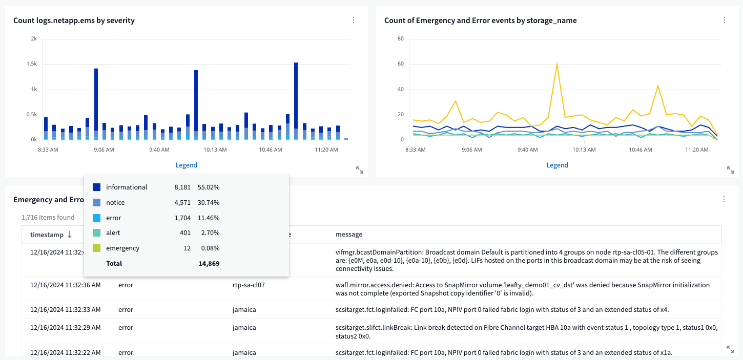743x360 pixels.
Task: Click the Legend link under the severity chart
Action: tap(186, 165)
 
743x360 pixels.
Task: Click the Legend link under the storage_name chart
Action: tap(557, 165)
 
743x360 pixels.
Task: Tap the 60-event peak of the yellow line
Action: tap(556, 65)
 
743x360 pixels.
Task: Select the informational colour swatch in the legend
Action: tap(96, 187)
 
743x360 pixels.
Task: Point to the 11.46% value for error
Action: tap(210, 218)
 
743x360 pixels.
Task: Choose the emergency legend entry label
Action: tap(122, 248)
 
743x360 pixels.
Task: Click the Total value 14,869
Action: tap(209, 264)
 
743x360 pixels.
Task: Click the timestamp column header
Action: tap(47, 235)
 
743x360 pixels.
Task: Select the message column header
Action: tap(348, 235)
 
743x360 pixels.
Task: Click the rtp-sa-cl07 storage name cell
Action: tap(249, 285)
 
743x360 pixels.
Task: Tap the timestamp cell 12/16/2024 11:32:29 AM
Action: tap(65, 327)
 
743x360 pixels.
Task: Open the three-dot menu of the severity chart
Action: tap(354, 20)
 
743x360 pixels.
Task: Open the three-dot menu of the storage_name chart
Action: tap(724, 20)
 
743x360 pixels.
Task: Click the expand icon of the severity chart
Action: tap(360, 171)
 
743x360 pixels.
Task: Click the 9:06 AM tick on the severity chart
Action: tap(104, 150)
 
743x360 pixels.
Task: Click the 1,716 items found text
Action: tap(48, 218)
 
